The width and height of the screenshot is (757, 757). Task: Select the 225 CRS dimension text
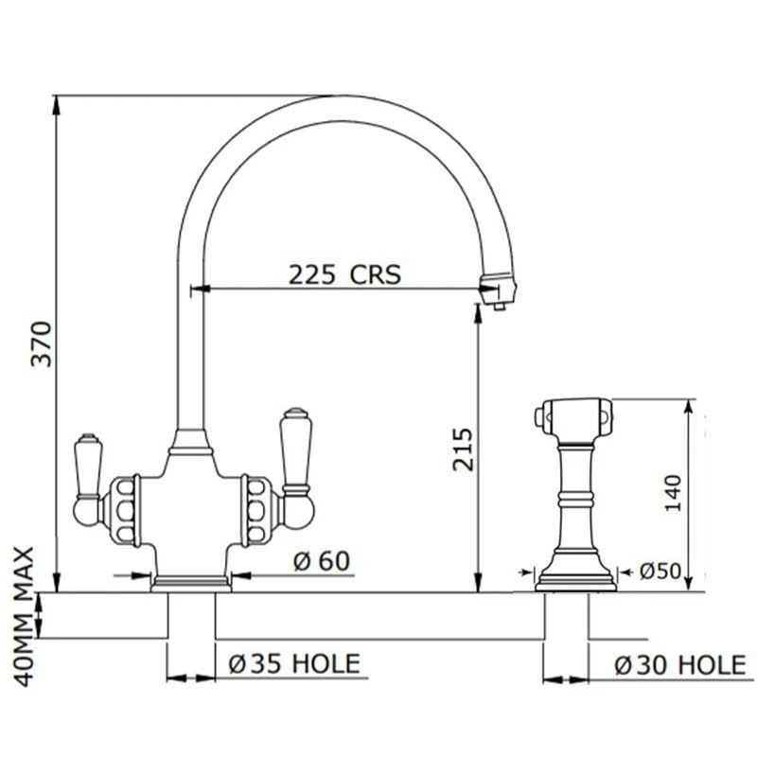click(x=344, y=274)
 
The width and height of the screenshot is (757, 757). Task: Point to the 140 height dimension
click(x=672, y=492)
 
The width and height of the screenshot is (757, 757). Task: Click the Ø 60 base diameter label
click(x=321, y=561)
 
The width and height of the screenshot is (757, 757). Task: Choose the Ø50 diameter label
click(x=660, y=571)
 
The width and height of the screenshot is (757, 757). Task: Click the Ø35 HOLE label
click(x=294, y=664)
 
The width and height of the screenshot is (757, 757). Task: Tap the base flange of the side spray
click(x=575, y=578)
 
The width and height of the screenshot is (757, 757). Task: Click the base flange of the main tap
click(x=192, y=582)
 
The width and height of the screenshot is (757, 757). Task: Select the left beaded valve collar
click(x=124, y=511)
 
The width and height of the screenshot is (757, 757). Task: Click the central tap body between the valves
click(x=192, y=502)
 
